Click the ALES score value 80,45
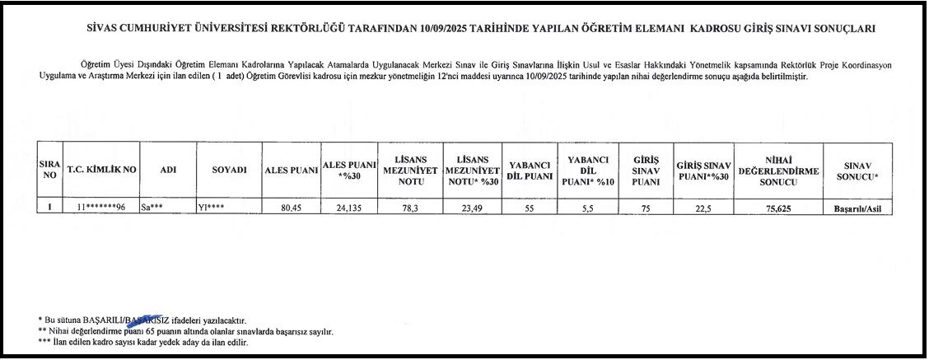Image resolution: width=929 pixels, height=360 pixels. [x=291, y=208]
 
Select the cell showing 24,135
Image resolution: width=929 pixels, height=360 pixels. [x=349, y=208]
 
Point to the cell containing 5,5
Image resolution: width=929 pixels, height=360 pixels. [x=588, y=208]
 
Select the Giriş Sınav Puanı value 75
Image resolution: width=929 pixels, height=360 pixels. [x=646, y=208]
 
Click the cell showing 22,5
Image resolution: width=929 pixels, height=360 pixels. [x=703, y=208]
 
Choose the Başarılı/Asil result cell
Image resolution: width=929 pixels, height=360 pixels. [x=857, y=208]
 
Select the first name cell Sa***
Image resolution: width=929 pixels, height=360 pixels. [x=152, y=208]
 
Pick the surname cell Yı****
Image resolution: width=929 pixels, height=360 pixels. [x=212, y=208]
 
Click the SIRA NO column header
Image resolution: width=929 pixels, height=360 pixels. [x=49, y=170]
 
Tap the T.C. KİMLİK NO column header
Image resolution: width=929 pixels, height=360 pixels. [x=101, y=170]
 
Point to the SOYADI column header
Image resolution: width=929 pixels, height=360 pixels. [x=230, y=170]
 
